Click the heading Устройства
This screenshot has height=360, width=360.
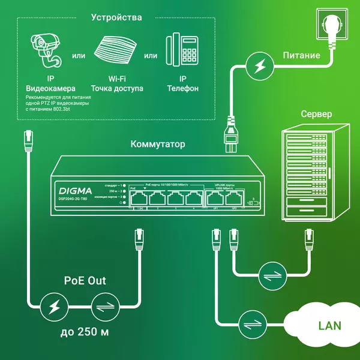(116, 17)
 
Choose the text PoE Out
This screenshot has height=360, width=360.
(85, 280)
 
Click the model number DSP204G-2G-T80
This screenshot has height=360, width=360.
(73, 198)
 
